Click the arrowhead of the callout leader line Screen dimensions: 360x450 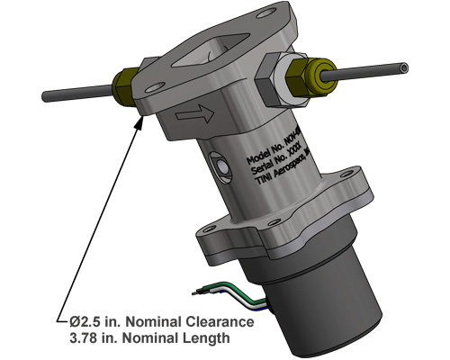pos(140,119)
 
